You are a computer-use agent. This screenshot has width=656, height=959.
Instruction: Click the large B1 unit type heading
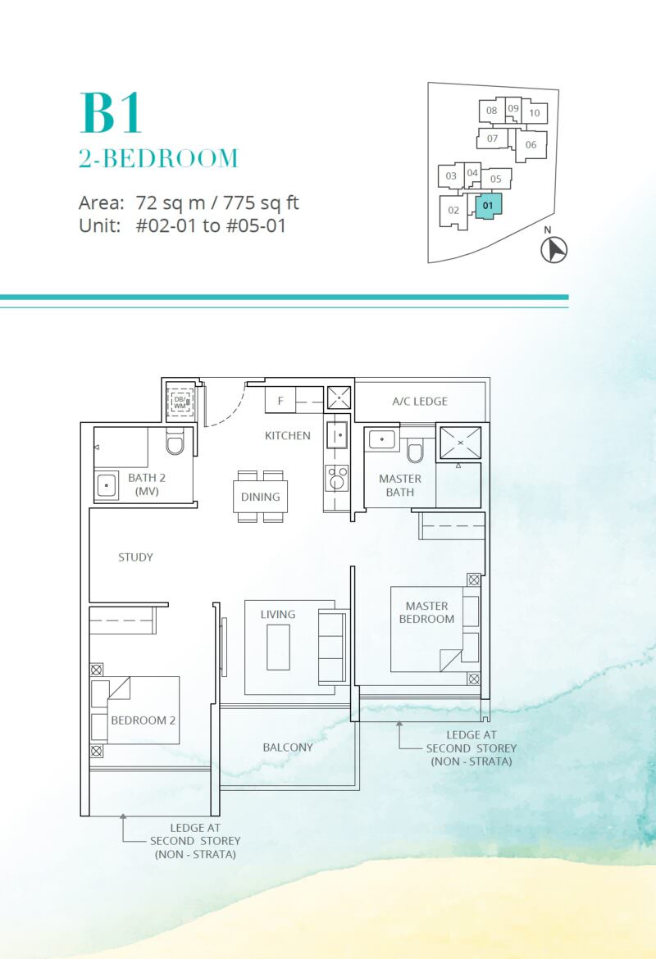click(111, 112)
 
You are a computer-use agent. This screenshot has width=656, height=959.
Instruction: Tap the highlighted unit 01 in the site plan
click(489, 206)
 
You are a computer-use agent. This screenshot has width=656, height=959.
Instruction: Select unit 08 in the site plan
click(491, 111)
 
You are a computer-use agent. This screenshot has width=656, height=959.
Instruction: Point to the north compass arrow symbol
click(554, 249)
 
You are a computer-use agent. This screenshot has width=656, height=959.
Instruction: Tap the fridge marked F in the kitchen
click(280, 400)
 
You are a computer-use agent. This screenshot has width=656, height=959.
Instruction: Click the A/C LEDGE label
click(420, 401)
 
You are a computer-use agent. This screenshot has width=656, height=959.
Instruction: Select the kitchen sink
click(336, 435)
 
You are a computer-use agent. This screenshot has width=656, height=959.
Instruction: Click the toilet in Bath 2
click(175, 442)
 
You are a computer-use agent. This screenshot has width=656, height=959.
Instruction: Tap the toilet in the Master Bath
click(416, 452)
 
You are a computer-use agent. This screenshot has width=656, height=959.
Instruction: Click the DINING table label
click(260, 497)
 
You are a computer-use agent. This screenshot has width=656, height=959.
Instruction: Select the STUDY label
click(135, 557)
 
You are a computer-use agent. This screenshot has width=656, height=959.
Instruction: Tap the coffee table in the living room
click(279, 647)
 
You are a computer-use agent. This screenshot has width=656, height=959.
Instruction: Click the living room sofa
click(332, 647)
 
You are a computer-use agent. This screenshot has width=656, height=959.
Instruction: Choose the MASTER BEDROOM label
click(426, 612)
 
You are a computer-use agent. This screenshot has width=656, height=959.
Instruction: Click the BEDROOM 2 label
click(143, 720)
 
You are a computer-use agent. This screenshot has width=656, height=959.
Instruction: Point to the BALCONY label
click(288, 748)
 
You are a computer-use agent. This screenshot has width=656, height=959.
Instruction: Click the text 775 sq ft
click(261, 202)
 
